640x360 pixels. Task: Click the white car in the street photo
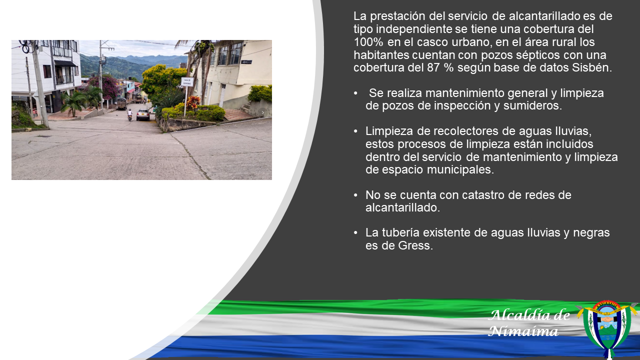(143, 114)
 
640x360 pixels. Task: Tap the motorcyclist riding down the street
(129, 115)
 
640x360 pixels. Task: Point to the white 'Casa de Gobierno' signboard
(187, 81)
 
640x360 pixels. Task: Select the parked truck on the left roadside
(121, 103)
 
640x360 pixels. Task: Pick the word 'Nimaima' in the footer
(523, 331)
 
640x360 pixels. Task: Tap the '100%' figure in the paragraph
(368, 42)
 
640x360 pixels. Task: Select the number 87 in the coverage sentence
(433, 67)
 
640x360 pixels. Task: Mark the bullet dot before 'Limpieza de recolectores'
(355, 131)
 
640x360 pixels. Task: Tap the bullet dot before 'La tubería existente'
(355, 233)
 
